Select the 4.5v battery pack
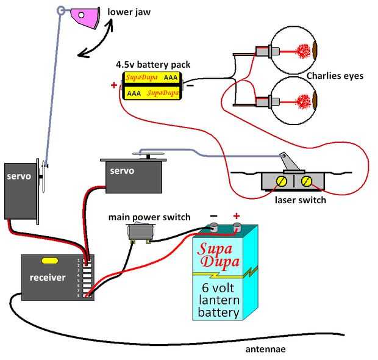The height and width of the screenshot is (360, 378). pos(152,85)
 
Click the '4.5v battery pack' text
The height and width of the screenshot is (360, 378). pos(152,64)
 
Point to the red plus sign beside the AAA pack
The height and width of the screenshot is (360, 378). pos(114,85)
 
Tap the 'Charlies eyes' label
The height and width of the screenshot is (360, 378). pos(335,76)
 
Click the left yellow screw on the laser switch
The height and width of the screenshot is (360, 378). pos(282,181)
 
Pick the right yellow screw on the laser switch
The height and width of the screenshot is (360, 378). pos(308,181)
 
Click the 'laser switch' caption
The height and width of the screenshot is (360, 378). pos(300,200)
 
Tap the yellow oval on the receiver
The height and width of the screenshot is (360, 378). pos(49,261)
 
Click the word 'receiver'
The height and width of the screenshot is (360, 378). pos(48,278)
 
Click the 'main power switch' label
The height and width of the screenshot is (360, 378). pos(149,217)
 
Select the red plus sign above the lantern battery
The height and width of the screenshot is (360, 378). pos(237,215)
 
